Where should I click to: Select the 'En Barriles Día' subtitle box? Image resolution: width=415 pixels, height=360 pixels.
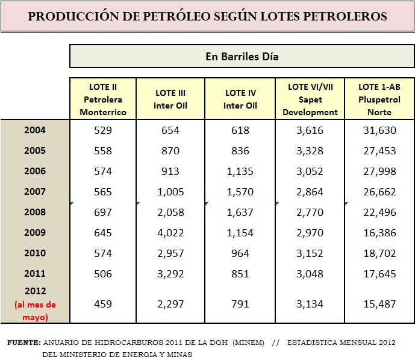coord(242,57)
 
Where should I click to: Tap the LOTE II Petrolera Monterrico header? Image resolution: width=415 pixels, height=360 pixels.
coord(103,99)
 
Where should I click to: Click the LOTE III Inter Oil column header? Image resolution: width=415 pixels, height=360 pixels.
coord(170,99)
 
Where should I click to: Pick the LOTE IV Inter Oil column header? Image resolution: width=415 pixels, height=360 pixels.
coord(240,99)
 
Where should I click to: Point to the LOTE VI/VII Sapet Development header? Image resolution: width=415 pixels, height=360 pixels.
coord(310,99)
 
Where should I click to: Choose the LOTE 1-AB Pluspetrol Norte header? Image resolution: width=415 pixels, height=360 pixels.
coord(379,99)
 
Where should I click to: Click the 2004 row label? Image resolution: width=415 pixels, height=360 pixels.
coord(35,130)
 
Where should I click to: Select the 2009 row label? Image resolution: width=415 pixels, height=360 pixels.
coord(35,233)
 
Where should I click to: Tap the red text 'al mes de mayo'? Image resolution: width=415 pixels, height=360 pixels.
coord(35,311)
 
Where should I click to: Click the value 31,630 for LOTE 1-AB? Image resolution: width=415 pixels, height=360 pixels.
coord(379,130)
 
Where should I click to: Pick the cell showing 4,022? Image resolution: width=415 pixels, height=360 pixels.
coord(170,233)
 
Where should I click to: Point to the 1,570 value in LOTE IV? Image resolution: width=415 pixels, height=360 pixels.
coord(240,192)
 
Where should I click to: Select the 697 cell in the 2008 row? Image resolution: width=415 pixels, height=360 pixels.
coord(103,212)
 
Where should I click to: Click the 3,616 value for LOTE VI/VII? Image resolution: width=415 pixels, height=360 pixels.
coord(310,130)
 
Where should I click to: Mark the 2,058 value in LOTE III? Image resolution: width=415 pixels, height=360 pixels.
coord(170,212)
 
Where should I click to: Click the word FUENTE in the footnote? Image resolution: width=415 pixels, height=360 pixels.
coord(23,343)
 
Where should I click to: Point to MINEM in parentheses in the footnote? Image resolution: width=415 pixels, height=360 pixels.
coord(249,343)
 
